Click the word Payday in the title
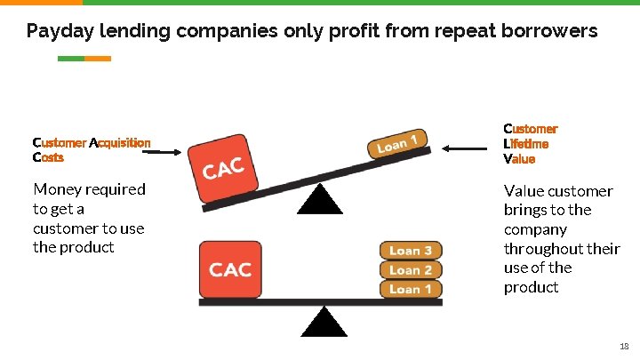55,32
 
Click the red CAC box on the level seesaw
230,269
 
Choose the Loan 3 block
411,251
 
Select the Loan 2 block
411,269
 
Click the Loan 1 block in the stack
411,289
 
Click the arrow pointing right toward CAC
164,152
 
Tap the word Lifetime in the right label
526,144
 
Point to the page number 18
623,345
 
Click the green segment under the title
70,59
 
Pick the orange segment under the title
98,59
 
